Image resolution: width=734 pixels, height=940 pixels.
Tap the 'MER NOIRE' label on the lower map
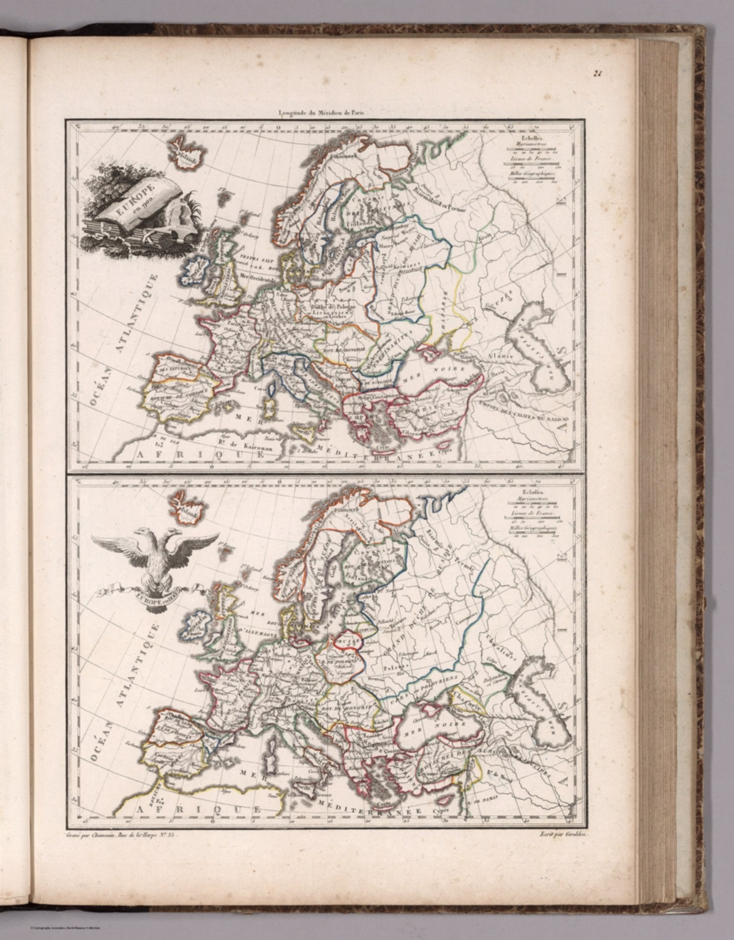[x=429, y=729]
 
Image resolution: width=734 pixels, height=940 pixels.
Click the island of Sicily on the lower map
[x=304, y=788]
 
